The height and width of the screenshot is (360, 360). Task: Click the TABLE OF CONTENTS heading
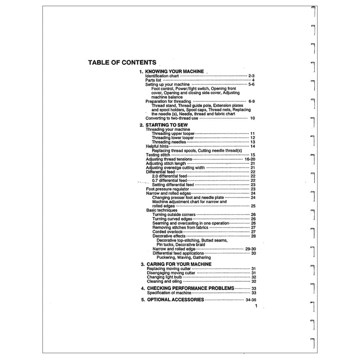click(122, 62)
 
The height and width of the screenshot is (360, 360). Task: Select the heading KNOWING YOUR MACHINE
click(174, 71)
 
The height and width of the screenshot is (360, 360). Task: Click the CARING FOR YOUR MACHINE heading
click(179, 264)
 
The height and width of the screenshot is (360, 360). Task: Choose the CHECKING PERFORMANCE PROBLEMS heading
click(190, 288)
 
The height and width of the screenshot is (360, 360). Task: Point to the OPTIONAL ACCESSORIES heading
click(175, 300)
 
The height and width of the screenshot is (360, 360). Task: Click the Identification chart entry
click(162, 76)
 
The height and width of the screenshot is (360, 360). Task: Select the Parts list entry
click(153, 80)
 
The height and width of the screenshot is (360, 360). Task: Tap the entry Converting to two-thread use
click(172, 118)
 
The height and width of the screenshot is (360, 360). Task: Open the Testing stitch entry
click(158, 155)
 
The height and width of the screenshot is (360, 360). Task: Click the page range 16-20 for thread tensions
click(250, 159)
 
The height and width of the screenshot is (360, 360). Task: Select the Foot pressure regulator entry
click(167, 189)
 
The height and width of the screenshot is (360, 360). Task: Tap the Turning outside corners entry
click(174, 215)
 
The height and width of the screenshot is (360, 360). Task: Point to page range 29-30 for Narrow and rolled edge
click(251, 249)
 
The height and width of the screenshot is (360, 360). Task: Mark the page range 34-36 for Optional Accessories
click(251, 300)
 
